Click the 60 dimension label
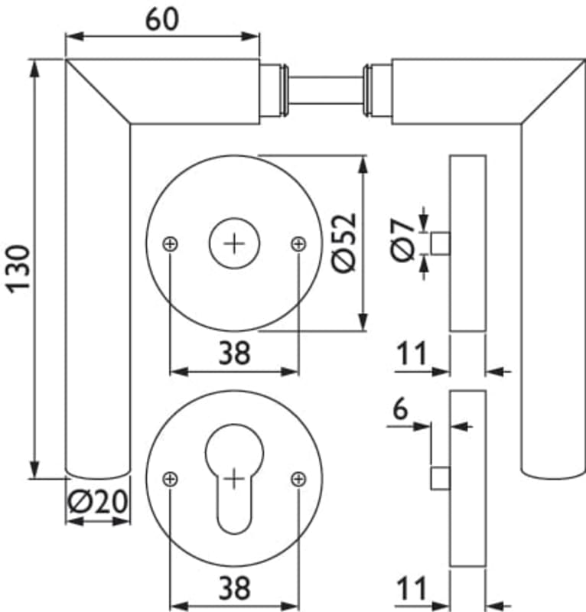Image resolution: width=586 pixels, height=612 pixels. click(162, 18)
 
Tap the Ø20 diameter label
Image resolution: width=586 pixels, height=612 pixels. click(97, 503)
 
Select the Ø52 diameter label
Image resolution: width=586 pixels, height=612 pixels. click(344, 243)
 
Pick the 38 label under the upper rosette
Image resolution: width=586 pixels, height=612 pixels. click(234, 353)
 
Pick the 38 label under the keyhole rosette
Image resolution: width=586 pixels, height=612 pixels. click(234, 588)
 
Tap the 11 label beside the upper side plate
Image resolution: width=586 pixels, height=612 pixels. click(411, 355)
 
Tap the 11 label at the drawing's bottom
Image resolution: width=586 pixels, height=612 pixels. click(411, 590)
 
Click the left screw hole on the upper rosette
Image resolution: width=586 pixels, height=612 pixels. click(171, 243)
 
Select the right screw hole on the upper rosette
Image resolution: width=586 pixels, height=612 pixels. click(298, 243)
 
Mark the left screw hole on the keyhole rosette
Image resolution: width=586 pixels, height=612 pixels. click(171, 479)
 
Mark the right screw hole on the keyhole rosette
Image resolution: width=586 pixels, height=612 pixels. click(298, 479)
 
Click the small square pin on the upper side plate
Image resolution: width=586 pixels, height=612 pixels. click(440, 243)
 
